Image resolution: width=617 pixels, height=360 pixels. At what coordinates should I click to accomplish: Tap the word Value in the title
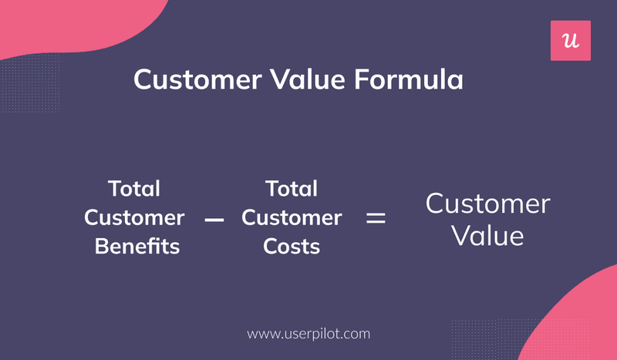point(300,80)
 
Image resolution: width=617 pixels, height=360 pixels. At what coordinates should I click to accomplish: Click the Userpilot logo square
point(570,41)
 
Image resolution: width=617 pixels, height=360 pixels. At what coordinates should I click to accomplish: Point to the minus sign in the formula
point(214,220)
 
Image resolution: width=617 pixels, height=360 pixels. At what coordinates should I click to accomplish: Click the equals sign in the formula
point(376,218)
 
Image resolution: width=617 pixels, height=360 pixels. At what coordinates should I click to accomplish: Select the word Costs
point(291,247)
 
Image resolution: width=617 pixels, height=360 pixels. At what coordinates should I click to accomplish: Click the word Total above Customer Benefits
point(134,189)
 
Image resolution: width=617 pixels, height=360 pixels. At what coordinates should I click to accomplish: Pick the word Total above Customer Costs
point(291,189)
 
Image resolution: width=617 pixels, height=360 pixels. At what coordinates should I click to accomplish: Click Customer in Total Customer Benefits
point(134,218)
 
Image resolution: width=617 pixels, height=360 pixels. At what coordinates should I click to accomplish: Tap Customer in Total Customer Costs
point(291,218)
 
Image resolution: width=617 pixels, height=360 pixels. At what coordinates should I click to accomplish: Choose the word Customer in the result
point(487,204)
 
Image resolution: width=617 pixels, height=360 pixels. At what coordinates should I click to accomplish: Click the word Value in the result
point(487,235)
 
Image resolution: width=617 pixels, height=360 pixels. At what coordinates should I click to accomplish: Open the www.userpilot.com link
point(308,334)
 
